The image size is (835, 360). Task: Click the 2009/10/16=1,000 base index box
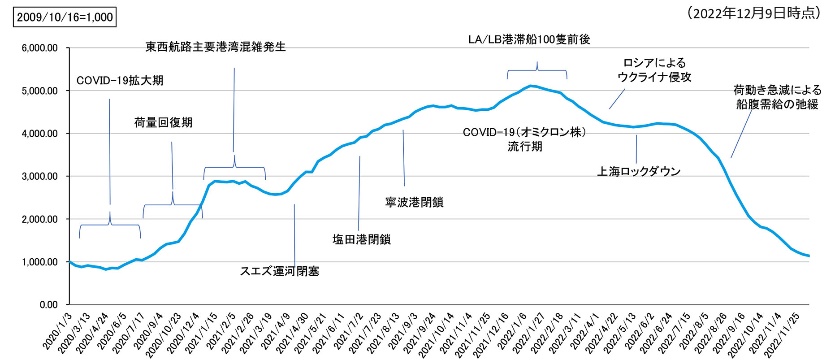click(65, 17)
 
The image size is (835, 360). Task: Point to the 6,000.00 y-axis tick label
click(40, 48)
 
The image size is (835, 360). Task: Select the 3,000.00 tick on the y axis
click(40, 176)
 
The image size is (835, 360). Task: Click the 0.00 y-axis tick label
click(48, 305)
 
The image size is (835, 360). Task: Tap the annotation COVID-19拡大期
click(120, 81)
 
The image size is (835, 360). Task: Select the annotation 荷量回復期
click(163, 122)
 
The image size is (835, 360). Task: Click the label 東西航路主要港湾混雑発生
click(215, 47)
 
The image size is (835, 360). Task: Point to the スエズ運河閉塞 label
click(280, 271)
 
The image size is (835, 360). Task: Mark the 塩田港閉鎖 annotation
click(361, 239)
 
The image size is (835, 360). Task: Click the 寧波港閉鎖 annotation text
click(414, 202)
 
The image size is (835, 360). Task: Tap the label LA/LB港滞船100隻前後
click(529, 39)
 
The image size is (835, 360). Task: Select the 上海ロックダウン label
click(639, 171)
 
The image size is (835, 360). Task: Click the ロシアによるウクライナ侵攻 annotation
click(654, 70)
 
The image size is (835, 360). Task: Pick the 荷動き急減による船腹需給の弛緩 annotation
click(777, 97)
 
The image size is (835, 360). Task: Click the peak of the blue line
click(530, 86)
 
